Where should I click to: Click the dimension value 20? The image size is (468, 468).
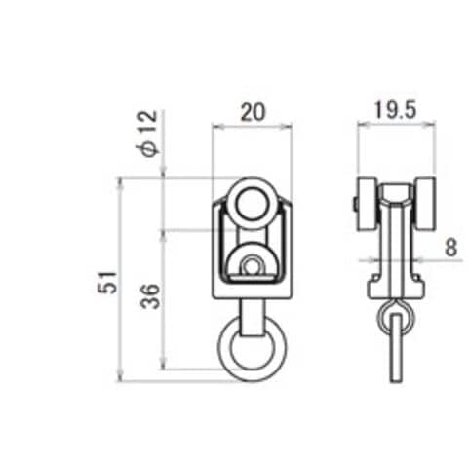(x=253, y=112)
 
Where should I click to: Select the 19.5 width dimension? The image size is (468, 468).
(x=395, y=110)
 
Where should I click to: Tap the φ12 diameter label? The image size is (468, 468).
(x=148, y=134)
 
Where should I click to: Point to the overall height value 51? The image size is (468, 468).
(x=107, y=283)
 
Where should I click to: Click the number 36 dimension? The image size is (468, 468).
(x=151, y=296)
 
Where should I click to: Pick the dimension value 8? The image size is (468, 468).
(x=450, y=247)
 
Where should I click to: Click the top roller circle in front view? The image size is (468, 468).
(x=253, y=204)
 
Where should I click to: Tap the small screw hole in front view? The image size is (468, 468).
(x=251, y=267)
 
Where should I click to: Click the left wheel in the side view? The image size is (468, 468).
(x=367, y=204)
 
